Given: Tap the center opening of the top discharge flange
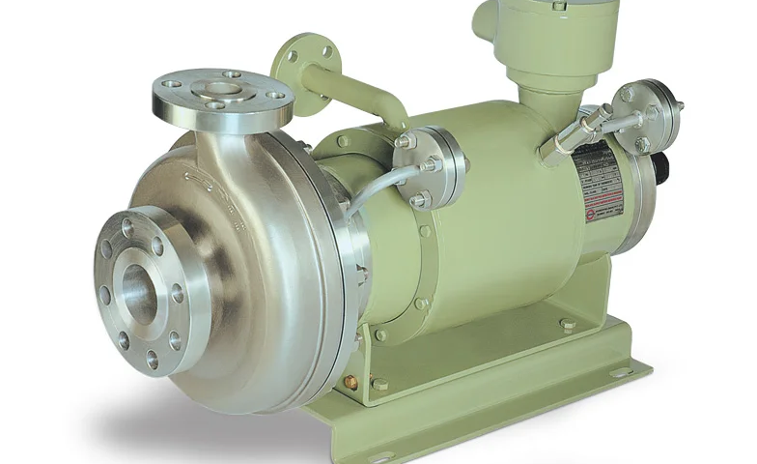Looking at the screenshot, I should (x=222, y=90).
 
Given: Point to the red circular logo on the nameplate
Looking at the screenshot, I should (x=591, y=215).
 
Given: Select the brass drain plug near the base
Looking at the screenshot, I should (x=351, y=384).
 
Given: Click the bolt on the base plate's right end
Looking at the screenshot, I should (x=568, y=325).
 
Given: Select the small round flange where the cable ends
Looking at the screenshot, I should (x=431, y=166).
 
